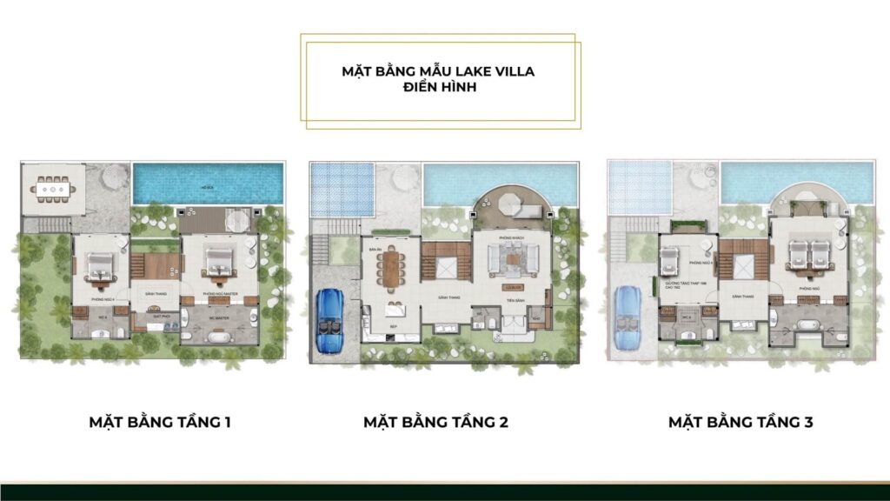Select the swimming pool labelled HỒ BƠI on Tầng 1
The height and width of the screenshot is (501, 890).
click(209, 184)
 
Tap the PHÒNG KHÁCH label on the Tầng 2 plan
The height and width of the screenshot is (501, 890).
click(510, 237)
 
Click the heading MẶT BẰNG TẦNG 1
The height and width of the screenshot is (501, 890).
click(160, 423)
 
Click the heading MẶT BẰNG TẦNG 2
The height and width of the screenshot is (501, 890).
click(435, 423)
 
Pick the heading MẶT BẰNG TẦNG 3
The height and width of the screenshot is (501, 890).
click(741, 423)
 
